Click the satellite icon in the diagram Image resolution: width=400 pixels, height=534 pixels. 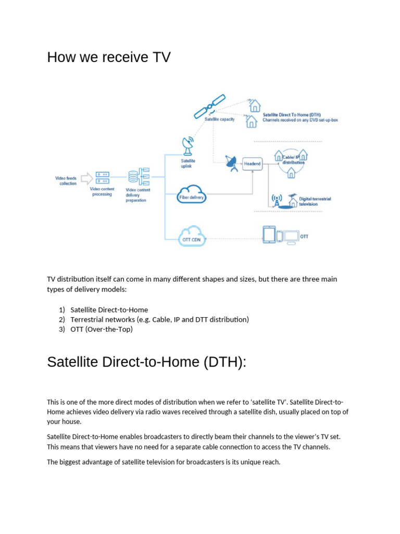click(x=210, y=106)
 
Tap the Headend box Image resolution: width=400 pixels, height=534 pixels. click(x=252, y=164)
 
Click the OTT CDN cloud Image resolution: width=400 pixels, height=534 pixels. click(x=192, y=238)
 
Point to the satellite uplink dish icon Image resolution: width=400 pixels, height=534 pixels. click(x=187, y=144)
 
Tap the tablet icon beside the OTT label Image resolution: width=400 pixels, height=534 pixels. click(x=269, y=235)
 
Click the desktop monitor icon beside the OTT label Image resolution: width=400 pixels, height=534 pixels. click(x=291, y=236)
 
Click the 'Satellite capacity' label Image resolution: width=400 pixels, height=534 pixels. click(x=219, y=119)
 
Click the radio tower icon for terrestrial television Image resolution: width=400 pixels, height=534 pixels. click(x=277, y=201)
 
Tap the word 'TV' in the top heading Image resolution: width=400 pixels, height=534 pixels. click(x=161, y=57)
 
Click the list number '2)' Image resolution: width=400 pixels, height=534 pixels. click(x=61, y=319)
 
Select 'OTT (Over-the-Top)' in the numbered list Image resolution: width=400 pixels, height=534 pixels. click(x=102, y=329)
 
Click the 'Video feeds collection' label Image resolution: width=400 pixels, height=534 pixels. click(x=66, y=180)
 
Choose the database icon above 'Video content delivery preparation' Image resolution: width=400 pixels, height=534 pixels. click(x=134, y=176)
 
